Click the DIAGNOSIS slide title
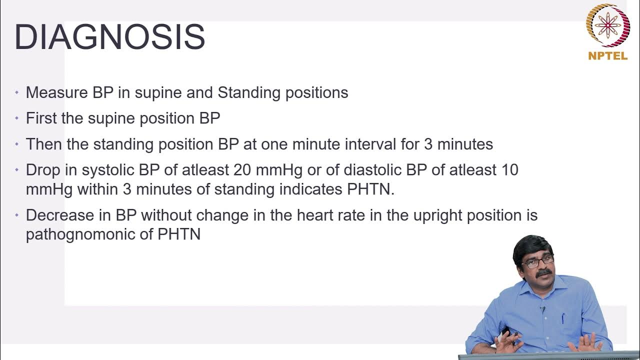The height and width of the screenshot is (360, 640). [x=109, y=37]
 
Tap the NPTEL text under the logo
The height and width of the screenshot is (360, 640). [x=607, y=56]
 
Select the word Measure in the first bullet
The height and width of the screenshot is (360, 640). [x=56, y=92]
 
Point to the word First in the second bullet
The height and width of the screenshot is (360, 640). [x=41, y=118]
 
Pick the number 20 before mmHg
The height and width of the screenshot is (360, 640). [x=242, y=170]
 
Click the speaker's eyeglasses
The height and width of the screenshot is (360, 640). [x=537, y=260]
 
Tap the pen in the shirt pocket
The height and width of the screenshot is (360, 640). [x=563, y=317]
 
